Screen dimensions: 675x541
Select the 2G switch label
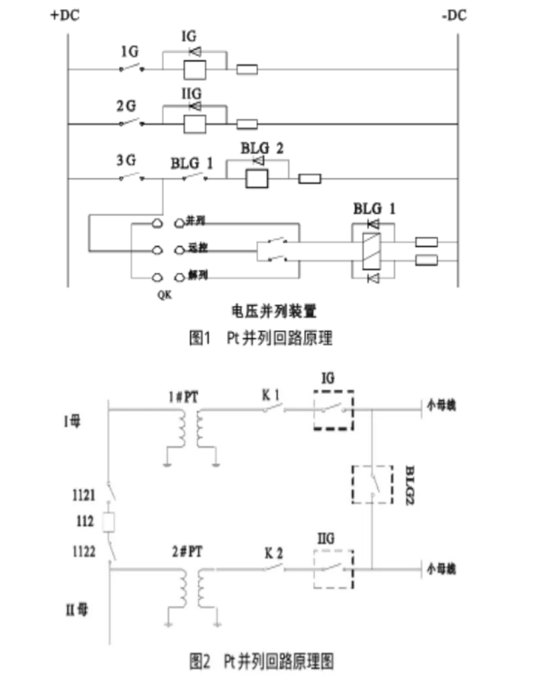point(126,106)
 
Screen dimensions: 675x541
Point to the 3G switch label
point(126,160)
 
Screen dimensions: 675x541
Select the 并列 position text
point(195,220)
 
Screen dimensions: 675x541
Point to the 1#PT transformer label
point(189,396)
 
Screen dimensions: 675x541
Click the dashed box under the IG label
point(331,410)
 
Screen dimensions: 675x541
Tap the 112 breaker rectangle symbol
point(108,521)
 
